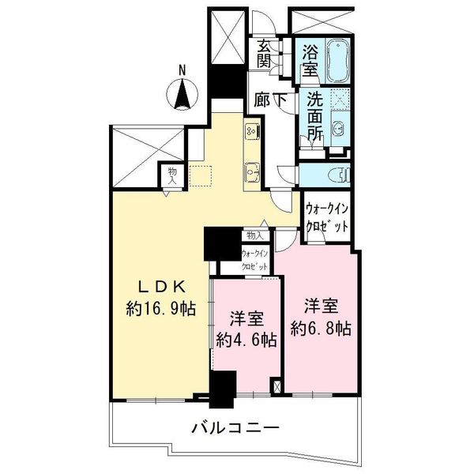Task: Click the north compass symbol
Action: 182,94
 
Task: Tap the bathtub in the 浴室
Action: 337,61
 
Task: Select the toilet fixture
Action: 340,175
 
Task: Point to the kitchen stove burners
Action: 253,131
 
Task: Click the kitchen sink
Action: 252,172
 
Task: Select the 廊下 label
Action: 270,100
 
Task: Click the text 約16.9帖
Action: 161,308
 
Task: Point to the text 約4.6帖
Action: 246,339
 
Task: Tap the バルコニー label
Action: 235,427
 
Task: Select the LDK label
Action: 161,287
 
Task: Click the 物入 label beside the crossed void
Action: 172,175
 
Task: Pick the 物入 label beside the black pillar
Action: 255,235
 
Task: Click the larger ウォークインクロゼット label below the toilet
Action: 327,217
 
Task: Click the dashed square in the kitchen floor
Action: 200,175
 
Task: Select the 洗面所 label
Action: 315,116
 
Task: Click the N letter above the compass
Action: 182,70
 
